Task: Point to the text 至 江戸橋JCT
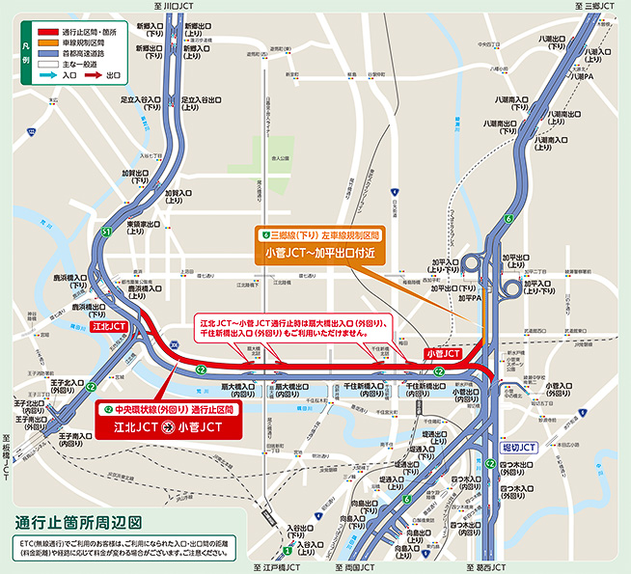278,568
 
